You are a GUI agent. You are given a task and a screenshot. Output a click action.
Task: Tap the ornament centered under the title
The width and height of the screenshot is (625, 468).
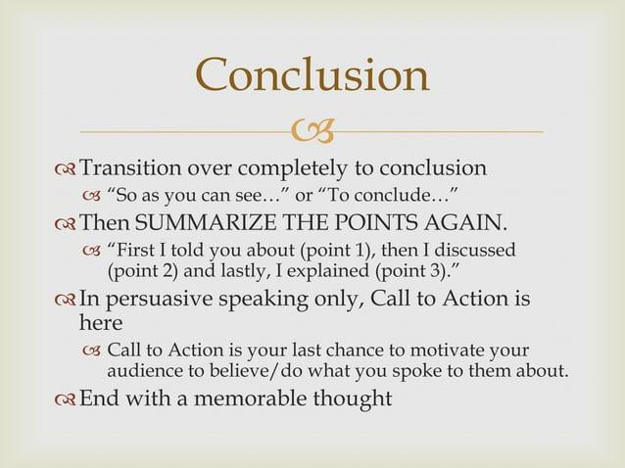[x=313, y=129]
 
